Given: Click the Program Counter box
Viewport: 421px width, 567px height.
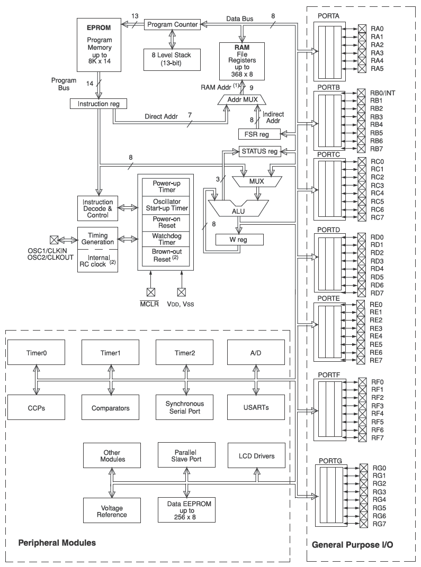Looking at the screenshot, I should (172, 25).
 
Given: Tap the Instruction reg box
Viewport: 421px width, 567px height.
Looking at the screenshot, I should (98, 104).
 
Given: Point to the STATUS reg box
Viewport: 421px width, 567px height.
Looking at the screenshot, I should (259, 151).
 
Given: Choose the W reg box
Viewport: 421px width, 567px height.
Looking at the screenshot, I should (239, 240).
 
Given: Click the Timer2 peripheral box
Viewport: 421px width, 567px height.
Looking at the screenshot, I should (184, 352).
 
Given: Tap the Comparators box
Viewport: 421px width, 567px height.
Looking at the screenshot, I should (110, 408).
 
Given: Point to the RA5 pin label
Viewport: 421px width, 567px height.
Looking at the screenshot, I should (377, 69).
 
